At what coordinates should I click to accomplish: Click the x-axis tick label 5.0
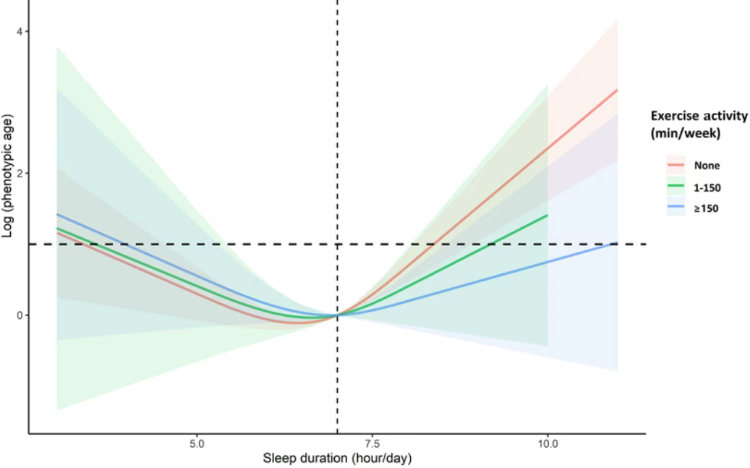tap(197, 442)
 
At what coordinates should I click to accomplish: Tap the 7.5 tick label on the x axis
tap(372, 442)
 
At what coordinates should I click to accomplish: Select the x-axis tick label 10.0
tap(547, 442)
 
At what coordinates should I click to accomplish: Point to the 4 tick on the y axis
tap(20, 31)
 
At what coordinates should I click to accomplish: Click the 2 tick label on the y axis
tap(20, 174)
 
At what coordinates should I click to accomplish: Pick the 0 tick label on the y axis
tap(20, 315)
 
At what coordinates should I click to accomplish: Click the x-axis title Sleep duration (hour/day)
tap(337, 458)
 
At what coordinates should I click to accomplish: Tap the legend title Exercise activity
tap(699, 116)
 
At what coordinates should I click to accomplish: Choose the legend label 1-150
tap(709, 187)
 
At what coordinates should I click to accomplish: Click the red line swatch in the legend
tap(676, 166)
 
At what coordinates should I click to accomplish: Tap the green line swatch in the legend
tap(676, 187)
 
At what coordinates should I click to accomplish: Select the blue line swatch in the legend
tap(676, 209)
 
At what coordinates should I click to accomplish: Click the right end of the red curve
tap(617, 90)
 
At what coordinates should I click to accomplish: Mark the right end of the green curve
tap(547, 215)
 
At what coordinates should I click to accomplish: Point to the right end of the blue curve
tap(617, 243)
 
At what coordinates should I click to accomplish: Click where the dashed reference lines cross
tap(337, 244)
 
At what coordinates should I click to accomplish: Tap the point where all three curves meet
tap(337, 315)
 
